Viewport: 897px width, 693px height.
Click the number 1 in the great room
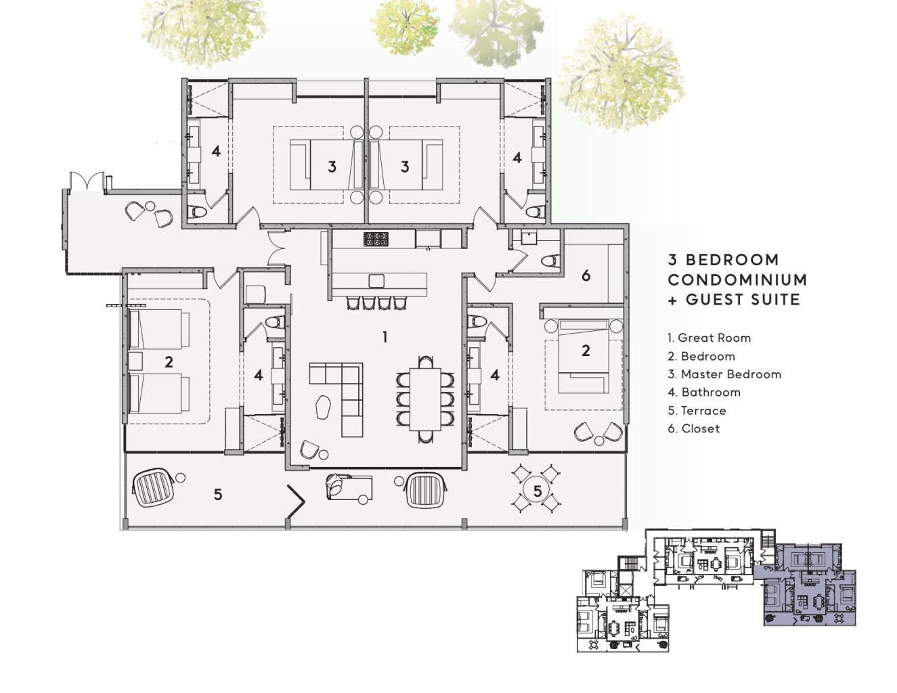tap(385, 338)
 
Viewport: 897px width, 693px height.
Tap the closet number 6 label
tap(586, 275)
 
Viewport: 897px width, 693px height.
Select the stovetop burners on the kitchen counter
tap(376, 240)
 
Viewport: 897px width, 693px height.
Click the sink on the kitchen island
tap(376, 281)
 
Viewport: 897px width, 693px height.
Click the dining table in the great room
tap(426, 399)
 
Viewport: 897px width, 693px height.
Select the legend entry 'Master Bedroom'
tap(724, 374)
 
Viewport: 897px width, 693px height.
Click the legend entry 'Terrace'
tap(697, 410)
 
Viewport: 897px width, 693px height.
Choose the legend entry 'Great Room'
tap(709, 338)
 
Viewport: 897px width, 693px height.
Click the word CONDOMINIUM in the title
tap(737, 280)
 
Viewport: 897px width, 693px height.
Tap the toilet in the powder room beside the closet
tap(550, 261)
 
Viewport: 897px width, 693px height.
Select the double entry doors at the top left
tap(86, 181)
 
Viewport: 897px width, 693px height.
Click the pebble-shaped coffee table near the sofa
tap(324, 407)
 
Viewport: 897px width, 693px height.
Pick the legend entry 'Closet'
tap(693, 428)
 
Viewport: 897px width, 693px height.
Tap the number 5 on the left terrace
tap(218, 494)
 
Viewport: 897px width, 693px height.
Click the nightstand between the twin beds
tap(135, 361)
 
